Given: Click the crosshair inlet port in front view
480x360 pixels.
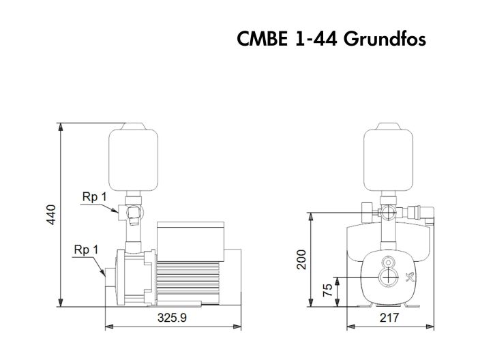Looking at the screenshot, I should (x=389, y=277).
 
